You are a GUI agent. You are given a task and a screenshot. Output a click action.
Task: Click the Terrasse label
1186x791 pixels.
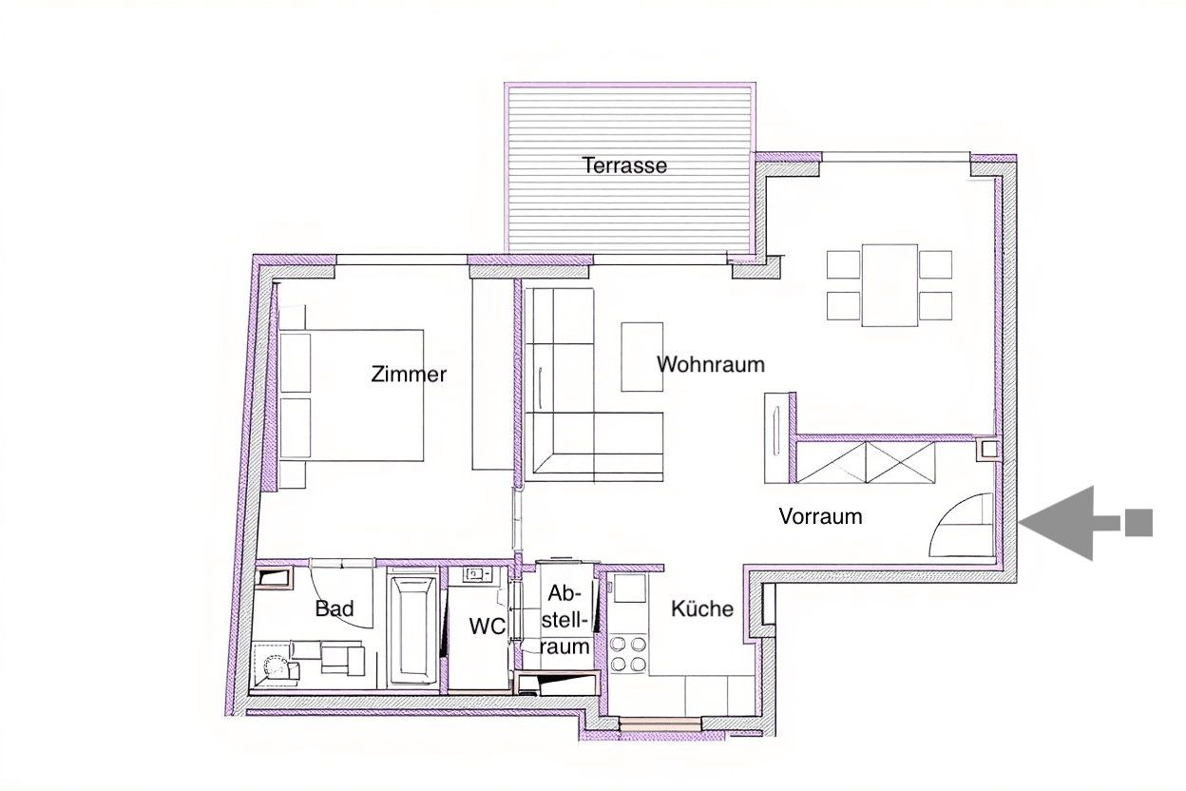point(624,165)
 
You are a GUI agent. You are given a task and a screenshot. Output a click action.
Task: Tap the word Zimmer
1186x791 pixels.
point(408,374)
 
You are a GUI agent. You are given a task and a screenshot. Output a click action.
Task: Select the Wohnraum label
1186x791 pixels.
point(710,364)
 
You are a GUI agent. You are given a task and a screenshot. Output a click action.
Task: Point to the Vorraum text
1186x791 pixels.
point(820,516)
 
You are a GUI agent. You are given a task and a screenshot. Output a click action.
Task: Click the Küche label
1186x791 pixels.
point(702,608)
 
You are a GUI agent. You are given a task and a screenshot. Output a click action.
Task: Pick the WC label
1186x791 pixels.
point(487,627)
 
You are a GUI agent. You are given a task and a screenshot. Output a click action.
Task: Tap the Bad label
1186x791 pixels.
point(334,608)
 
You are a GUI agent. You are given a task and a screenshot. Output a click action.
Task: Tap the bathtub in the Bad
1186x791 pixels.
point(413,628)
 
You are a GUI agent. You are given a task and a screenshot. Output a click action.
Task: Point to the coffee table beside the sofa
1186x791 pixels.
point(641,357)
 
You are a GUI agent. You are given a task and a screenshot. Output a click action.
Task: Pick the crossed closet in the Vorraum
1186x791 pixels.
point(866,463)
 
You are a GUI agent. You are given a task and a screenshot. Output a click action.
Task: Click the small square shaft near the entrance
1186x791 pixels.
point(989,450)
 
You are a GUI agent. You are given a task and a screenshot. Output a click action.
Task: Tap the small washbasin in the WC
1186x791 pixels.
point(476,574)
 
